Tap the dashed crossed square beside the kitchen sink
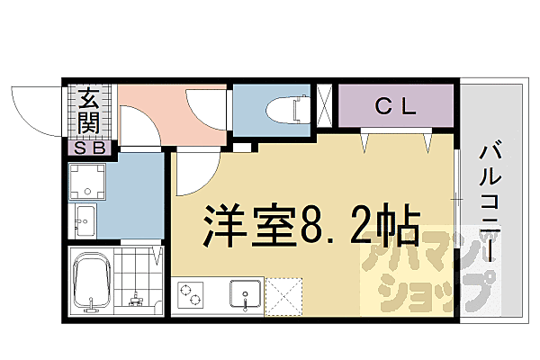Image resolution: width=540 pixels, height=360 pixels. (x=283, y=294)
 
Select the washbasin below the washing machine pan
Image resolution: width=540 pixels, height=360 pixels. (x=85, y=220)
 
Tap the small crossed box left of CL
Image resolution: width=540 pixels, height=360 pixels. (x=325, y=106)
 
